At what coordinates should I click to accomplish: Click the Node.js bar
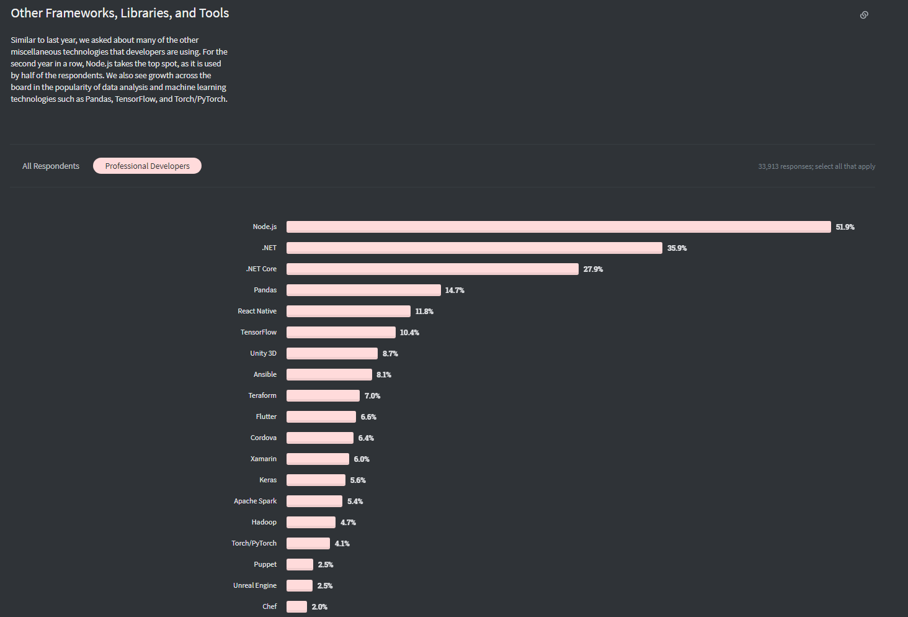point(558,227)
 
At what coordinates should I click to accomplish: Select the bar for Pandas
point(363,290)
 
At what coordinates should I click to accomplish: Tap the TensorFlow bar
point(340,332)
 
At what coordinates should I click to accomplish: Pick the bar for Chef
point(296,606)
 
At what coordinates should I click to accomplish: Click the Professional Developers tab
point(147,166)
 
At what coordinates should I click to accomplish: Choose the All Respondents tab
point(51,166)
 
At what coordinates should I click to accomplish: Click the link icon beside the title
point(864,15)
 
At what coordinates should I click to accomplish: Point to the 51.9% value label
point(845,227)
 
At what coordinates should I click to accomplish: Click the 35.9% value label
point(677,248)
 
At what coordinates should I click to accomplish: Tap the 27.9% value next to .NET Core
point(593,269)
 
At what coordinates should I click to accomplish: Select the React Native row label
point(257,311)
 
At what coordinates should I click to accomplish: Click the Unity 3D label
point(263,353)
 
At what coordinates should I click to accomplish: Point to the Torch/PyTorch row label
point(254,543)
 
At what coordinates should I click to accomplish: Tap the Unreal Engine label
point(254,585)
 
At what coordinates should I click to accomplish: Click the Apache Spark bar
point(314,501)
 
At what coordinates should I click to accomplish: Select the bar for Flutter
point(321,417)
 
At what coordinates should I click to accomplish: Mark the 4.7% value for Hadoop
point(348,523)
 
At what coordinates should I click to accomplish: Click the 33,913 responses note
point(816,166)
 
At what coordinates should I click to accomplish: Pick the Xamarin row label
point(263,459)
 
